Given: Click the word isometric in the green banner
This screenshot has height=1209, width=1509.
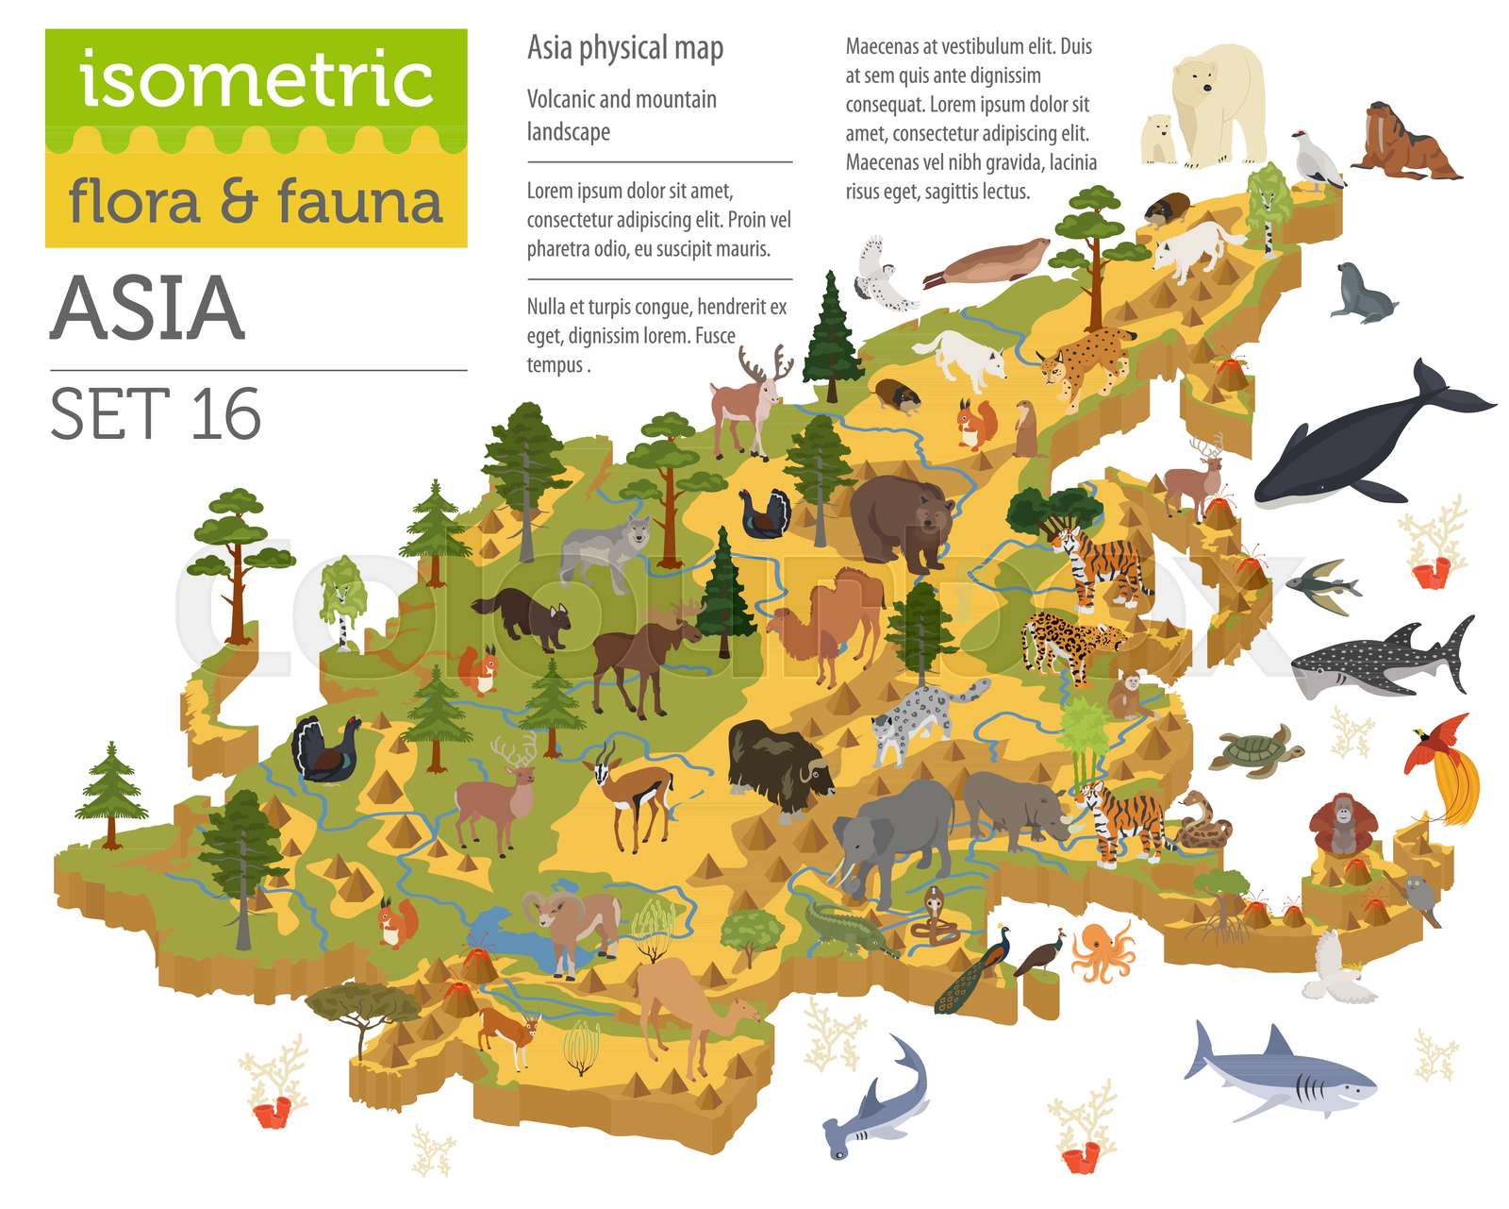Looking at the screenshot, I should tap(256, 80).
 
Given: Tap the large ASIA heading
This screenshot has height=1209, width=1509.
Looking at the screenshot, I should tap(148, 309).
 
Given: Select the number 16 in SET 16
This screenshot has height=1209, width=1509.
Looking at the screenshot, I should tap(225, 414).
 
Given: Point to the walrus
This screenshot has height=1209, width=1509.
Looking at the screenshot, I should tap(1403, 144).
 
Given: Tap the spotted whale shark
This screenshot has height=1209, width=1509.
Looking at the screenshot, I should tap(1378, 661).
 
